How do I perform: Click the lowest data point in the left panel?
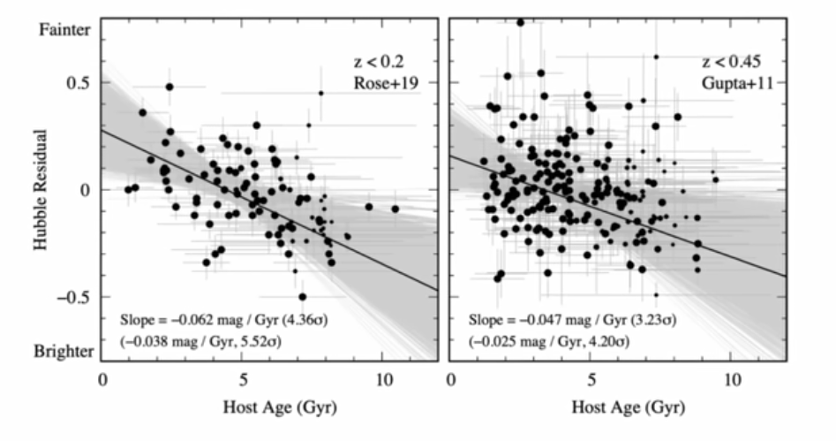pyautogui.click(x=302, y=297)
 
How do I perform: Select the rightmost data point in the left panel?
pyautogui.click(x=395, y=209)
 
